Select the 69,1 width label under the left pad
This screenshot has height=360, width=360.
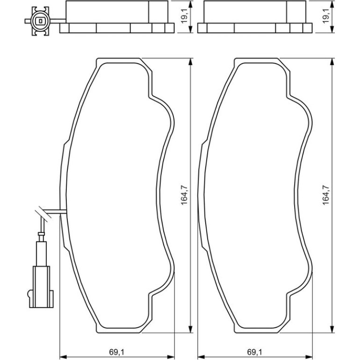[x=117, y=352]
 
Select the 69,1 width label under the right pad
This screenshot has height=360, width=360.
[x=255, y=352]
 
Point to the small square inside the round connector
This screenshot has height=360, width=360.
[x=41, y=21]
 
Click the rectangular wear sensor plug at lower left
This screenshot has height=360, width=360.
[x=41, y=287]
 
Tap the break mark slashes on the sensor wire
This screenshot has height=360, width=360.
[x=43, y=214]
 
